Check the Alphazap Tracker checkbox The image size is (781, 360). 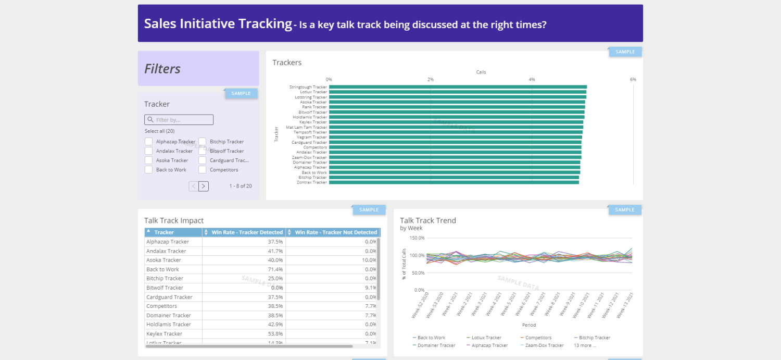click(x=149, y=142)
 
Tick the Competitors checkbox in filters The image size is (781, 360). click(x=203, y=170)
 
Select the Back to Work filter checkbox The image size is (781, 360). click(x=149, y=170)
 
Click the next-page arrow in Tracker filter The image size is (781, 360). click(x=204, y=186)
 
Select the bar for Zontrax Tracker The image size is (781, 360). click(x=454, y=182)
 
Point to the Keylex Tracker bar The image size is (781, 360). click(x=456, y=122)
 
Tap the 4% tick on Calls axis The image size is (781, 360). click(x=532, y=79)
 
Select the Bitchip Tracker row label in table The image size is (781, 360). click(x=165, y=278)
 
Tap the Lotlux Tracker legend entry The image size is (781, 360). click(x=486, y=338)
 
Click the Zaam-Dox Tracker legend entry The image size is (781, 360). click(x=545, y=345)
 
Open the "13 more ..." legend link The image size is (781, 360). click(x=585, y=345)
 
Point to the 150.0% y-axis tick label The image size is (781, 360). click(x=417, y=238)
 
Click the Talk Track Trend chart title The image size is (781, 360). click(x=427, y=220)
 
